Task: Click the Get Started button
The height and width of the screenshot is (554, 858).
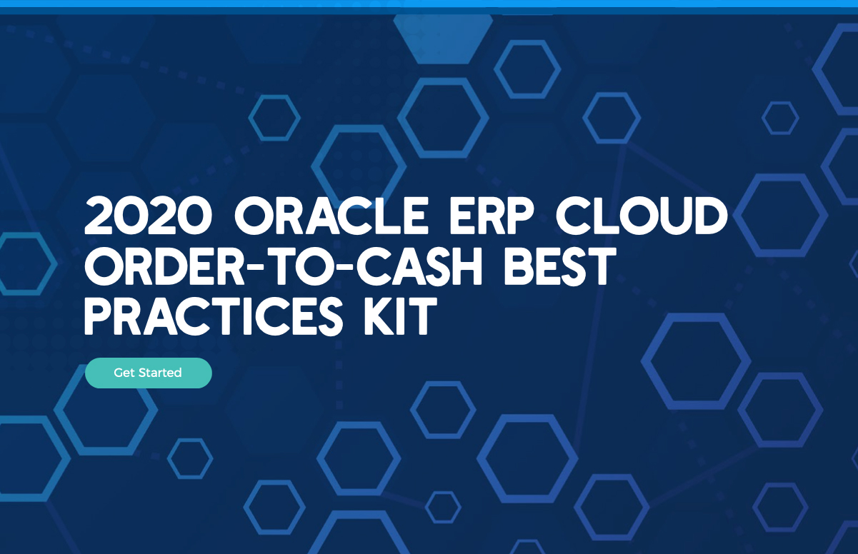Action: [148, 373]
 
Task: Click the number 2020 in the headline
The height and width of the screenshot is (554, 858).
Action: [148, 216]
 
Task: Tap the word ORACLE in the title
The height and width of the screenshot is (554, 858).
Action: [331, 216]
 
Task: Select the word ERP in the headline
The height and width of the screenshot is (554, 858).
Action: [491, 216]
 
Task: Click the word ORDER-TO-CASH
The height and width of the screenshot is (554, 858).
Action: [283, 266]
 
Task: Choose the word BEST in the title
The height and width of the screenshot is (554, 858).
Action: [560, 266]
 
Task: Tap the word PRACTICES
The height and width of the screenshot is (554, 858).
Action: [214, 317]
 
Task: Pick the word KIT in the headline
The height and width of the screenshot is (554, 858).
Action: [400, 317]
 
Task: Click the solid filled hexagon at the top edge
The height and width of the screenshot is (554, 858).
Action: [443, 39]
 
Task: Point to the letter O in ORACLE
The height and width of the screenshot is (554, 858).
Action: [254, 216]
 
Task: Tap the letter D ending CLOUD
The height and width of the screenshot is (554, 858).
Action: [710, 216]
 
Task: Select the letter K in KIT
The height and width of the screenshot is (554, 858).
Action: [379, 317]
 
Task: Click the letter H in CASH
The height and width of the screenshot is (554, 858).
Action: [466, 266]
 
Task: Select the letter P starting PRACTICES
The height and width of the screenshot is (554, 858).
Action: [98, 317]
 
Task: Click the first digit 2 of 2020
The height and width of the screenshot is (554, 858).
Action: [99, 216]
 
